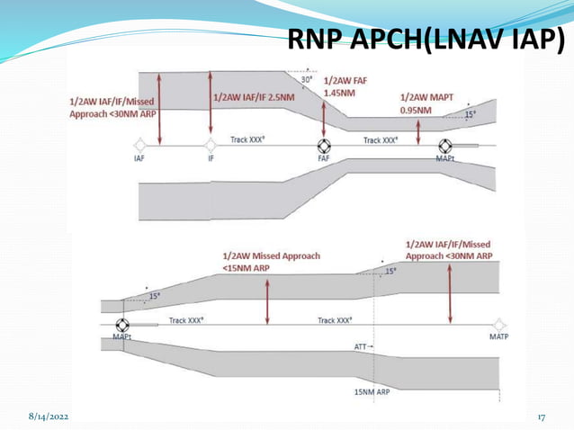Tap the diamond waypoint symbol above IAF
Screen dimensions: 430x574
pos(139,145)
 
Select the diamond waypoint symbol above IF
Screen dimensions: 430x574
pos(211,145)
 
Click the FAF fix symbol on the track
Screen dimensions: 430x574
pos(324,146)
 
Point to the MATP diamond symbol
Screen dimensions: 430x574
pos(499,325)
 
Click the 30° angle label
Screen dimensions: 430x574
pos(307,79)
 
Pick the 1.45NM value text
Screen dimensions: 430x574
pos(338,93)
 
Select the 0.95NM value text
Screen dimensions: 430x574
pos(417,110)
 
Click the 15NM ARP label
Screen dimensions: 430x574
pos(372,392)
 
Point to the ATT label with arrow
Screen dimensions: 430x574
pos(363,345)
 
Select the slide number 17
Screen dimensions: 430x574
pos(543,418)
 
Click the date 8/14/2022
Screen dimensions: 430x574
pos(48,418)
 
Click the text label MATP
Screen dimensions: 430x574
pos(499,337)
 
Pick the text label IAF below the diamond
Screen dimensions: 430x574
pos(139,158)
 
